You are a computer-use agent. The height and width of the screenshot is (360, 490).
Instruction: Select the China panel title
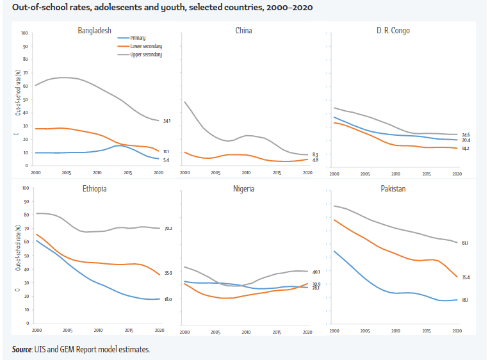tap(243, 30)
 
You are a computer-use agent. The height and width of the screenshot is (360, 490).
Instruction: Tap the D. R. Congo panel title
tap(393, 30)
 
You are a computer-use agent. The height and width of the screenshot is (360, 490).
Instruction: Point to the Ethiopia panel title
tap(94, 189)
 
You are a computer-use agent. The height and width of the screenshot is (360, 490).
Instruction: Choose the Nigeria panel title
tap(243, 189)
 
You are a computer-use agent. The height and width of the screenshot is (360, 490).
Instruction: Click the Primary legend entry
tap(137, 38)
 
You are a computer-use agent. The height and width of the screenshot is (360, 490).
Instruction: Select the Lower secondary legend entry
tap(145, 46)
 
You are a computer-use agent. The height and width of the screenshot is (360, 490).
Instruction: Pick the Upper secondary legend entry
tap(145, 54)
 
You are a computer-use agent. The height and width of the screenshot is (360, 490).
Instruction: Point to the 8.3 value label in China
tap(315, 154)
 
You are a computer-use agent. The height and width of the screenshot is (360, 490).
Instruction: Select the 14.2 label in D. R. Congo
tap(466, 149)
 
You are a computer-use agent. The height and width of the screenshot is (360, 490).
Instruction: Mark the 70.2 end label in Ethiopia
tap(168, 228)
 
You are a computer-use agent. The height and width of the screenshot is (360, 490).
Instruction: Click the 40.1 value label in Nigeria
tap(316, 272)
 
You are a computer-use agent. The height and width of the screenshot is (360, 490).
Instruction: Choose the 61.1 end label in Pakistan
tap(465, 243)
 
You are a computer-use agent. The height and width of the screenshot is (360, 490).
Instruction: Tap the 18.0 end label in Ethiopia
tap(168, 299)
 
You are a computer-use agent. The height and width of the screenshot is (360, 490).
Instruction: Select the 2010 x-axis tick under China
tap(245, 172)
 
